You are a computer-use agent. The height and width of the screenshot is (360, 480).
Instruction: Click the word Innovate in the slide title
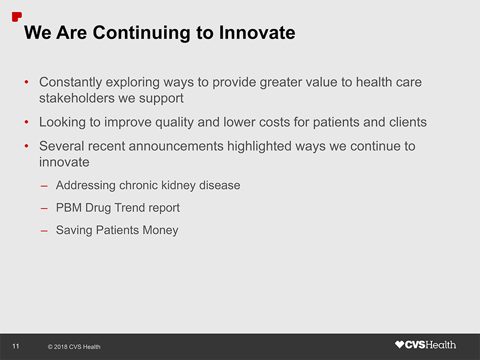pos(257,32)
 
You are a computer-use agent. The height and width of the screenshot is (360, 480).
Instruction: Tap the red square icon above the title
pos(16,17)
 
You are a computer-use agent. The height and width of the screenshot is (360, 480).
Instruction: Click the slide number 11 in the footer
pos(16,346)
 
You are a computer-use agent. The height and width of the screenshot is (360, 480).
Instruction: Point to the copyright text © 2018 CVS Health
pos(74,347)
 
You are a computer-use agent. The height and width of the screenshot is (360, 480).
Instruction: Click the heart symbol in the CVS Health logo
pos(399,345)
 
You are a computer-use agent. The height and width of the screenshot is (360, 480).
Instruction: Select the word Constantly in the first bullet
pos(71,82)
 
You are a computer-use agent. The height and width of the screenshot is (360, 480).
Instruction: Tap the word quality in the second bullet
pos(175,122)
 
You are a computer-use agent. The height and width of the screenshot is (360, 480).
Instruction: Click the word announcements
pos(176,146)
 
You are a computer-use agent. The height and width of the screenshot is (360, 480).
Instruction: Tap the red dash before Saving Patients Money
pos(44,231)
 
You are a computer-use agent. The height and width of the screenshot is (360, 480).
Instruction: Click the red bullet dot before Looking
pos(27,122)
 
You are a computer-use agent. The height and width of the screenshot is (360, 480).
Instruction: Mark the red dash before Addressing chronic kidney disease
pos(44,186)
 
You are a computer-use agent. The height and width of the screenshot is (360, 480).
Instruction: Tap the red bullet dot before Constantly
pos(27,82)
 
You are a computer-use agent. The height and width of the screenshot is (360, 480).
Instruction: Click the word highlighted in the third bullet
pos(259,146)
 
